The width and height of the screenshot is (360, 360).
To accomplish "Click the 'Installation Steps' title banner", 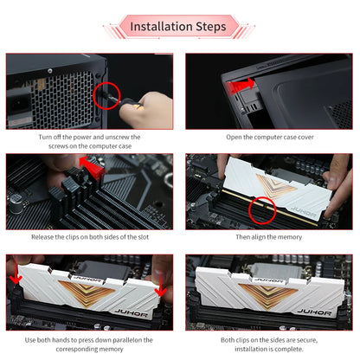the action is point(179,27).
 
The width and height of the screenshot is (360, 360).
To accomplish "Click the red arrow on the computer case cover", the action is point(240,86).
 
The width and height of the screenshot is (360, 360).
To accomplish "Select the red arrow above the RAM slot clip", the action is point(92,167).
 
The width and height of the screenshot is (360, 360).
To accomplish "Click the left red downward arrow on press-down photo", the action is point(16,271).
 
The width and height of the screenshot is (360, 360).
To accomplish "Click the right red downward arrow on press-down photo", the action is point(160,285).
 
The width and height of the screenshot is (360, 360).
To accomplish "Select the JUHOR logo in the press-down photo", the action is point(132,312).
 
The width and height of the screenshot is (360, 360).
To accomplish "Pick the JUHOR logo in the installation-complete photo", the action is point(314,312).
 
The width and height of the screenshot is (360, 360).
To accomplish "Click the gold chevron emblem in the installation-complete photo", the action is point(267,295).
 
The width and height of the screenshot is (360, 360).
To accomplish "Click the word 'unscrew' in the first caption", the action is point(118,137).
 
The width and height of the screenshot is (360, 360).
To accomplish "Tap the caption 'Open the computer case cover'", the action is point(270,137).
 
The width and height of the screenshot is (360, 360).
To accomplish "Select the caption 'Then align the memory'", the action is point(269,237).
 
